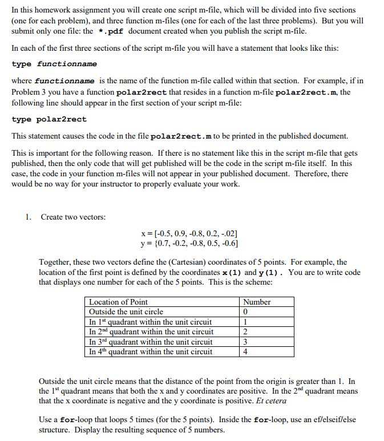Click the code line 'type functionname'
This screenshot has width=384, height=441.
(x=54, y=64)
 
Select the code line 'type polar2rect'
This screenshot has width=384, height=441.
(x=49, y=119)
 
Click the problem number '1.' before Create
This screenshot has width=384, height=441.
(x=28, y=217)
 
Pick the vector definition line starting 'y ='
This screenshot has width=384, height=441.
(x=189, y=244)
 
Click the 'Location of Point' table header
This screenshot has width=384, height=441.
(x=118, y=302)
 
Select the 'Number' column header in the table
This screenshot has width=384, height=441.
(x=257, y=302)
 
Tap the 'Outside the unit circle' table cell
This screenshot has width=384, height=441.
(x=126, y=311)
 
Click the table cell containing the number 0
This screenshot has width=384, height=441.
(x=245, y=312)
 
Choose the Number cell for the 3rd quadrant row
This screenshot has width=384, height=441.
(x=245, y=342)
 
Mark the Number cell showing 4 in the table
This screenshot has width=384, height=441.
(x=245, y=351)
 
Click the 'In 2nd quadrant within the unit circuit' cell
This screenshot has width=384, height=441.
(x=151, y=331)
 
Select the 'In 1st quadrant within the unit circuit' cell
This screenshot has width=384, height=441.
(x=151, y=322)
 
